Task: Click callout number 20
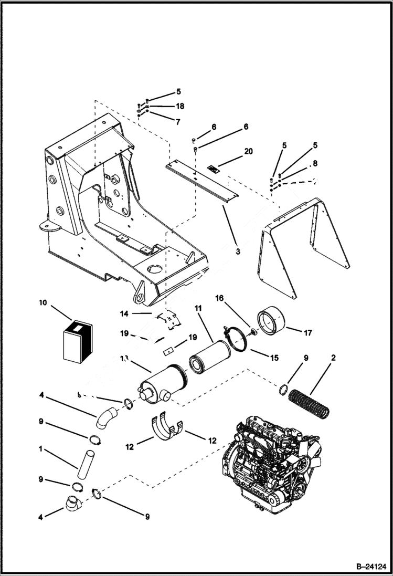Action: (x=248, y=151)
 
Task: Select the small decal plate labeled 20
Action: (x=213, y=169)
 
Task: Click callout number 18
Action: (x=179, y=106)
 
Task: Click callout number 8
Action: (x=315, y=164)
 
